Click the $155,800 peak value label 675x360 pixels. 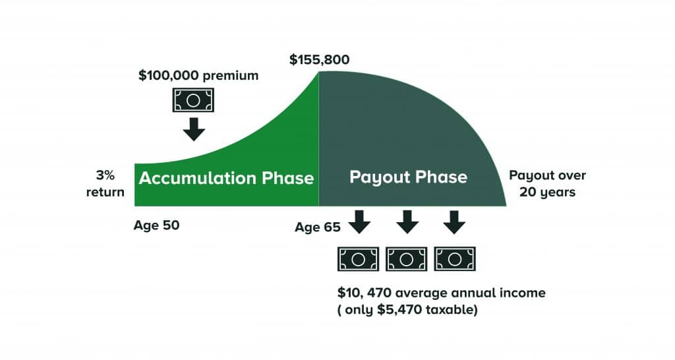coord(320,59)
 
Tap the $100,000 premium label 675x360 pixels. coord(198,75)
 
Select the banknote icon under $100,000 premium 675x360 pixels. coord(193,100)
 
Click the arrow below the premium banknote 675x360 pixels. coord(194,129)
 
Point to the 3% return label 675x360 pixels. coord(105,183)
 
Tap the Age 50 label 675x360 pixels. coord(156,225)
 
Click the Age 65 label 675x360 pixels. coord(318,227)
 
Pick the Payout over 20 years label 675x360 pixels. coord(548,183)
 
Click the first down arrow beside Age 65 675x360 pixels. coord(359,222)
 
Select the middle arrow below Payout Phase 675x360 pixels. coord(407,222)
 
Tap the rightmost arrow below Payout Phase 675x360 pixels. coord(454,222)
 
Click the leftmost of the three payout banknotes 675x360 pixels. coord(358,259)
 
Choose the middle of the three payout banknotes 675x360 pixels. coord(406,259)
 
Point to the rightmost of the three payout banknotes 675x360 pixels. coord(455,259)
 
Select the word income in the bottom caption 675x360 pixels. coord(523,293)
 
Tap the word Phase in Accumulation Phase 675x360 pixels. coord(288,178)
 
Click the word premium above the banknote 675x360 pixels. coord(230,76)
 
